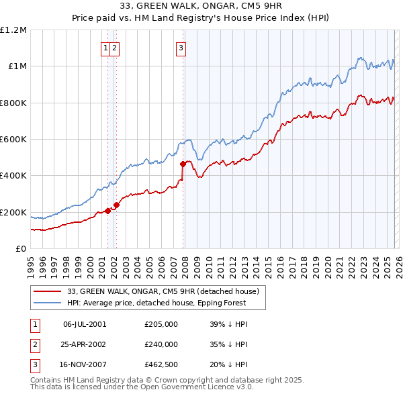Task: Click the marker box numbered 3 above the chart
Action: pos(181,48)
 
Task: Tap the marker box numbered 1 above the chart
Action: pos(106,48)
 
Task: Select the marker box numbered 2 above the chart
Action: pos(115,48)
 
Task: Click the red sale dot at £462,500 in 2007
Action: pos(183,164)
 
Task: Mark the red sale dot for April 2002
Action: pos(116,205)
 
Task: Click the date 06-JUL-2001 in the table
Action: pos(85,324)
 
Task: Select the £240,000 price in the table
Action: pos(161,344)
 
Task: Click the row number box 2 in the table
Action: pos(34,344)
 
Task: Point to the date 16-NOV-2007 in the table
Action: pos(85,365)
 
